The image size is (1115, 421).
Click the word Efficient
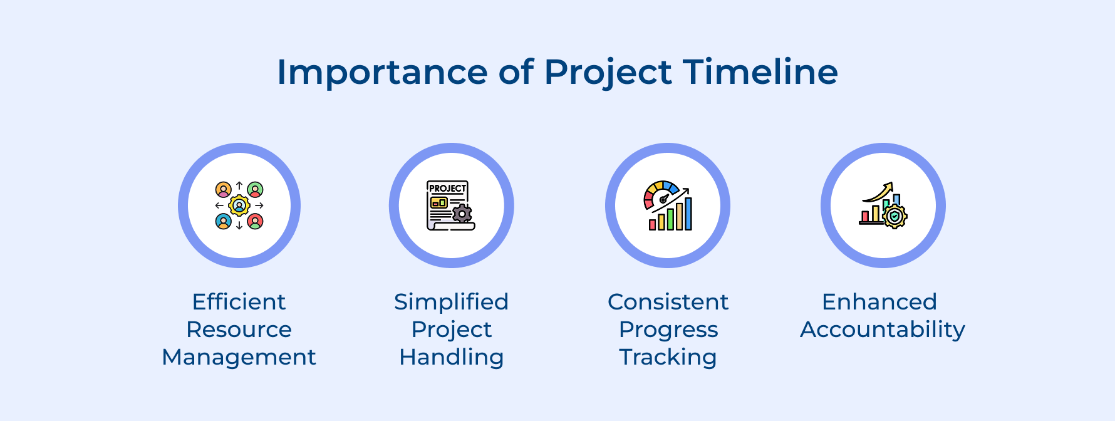pyautogui.click(x=239, y=302)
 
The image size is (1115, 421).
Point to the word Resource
pyautogui.click(x=239, y=330)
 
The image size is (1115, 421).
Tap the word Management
pyautogui.click(x=239, y=357)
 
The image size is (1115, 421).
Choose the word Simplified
pyautogui.click(x=451, y=302)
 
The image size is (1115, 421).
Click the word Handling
pyautogui.click(x=451, y=357)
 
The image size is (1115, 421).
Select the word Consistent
pyautogui.click(x=668, y=302)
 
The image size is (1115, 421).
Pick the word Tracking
pyautogui.click(x=668, y=357)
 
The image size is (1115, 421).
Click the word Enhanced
pyautogui.click(x=879, y=302)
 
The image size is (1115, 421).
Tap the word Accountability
pyautogui.click(x=883, y=330)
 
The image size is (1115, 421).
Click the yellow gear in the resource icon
pyautogui.click(x=239, y=205)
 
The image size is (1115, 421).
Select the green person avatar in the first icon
pyautogui.click(x=255, y=189)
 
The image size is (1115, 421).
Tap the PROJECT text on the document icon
pyautogui.click(x=447, y=188)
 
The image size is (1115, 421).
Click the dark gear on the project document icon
pyautogui.click(x=462, y=214)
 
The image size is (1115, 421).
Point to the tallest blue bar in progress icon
pyautogui.click(x=688, y=214)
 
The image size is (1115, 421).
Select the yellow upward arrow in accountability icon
pyautogui.click(x=879, y=192)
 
